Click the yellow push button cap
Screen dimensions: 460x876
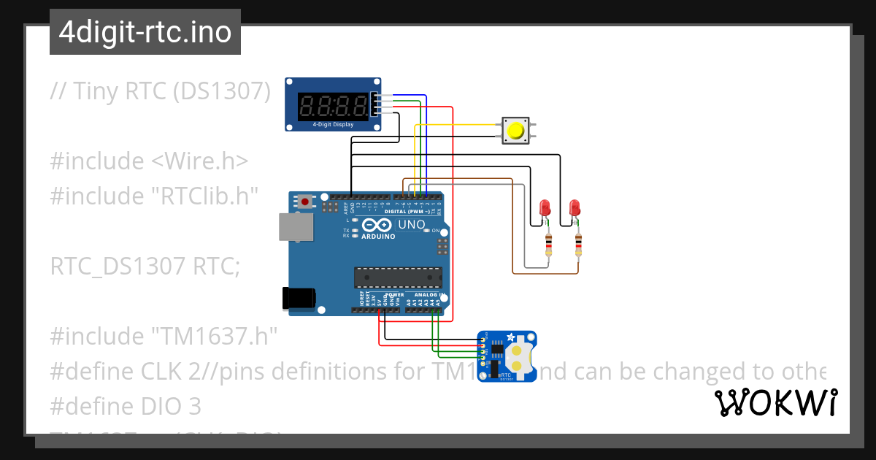click(x=516, y=131)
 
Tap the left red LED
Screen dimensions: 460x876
click(x=544, y=208)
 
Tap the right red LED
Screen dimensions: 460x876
click(x=575, y=208)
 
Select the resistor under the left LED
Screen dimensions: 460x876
click(x=548, y=245)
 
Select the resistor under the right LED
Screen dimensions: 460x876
click(x=579, y=245)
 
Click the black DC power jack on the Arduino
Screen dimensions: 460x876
click(x=299, y=297)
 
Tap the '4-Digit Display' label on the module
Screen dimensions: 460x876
click(x=333, y=125)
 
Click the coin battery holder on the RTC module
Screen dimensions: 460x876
click(x=518, y=356)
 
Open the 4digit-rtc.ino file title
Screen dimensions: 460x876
click(x=145, y=32)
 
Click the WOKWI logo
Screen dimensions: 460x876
click(x=775, y=402)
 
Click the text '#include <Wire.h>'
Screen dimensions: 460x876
click(x=149, y=161)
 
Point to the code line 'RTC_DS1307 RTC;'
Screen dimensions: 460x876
click(x=145, y=267)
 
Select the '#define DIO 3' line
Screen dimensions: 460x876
click(x=125, y=406)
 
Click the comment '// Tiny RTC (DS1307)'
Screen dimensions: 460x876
click(x=160, y=91)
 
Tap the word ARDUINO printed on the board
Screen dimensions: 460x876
click(x=378, y=237)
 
